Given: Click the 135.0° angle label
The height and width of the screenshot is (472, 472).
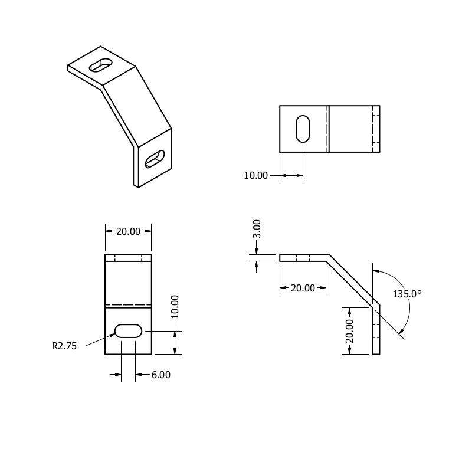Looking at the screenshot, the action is click(x=407, y=294).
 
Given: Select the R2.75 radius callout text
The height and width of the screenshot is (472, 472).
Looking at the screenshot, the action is click(x=64, y=346).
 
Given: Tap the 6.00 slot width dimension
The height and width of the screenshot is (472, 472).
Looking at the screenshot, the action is click(x=160, y=375).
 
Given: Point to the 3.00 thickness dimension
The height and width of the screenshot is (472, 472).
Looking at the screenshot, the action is click(x=257, y=229).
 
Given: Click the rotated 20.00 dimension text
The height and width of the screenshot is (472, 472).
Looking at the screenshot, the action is click(x=349, y=331).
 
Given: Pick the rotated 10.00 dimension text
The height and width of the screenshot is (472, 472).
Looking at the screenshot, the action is click(x=175, y=307).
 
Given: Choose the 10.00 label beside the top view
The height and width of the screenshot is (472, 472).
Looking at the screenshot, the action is click(x=255, y=175).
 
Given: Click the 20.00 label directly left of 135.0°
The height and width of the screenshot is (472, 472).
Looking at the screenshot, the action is click(x=303, y=288).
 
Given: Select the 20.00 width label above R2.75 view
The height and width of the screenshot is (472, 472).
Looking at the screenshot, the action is click(x=128, y=231).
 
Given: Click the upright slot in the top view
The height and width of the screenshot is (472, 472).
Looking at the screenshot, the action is click(x=303, y=129).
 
